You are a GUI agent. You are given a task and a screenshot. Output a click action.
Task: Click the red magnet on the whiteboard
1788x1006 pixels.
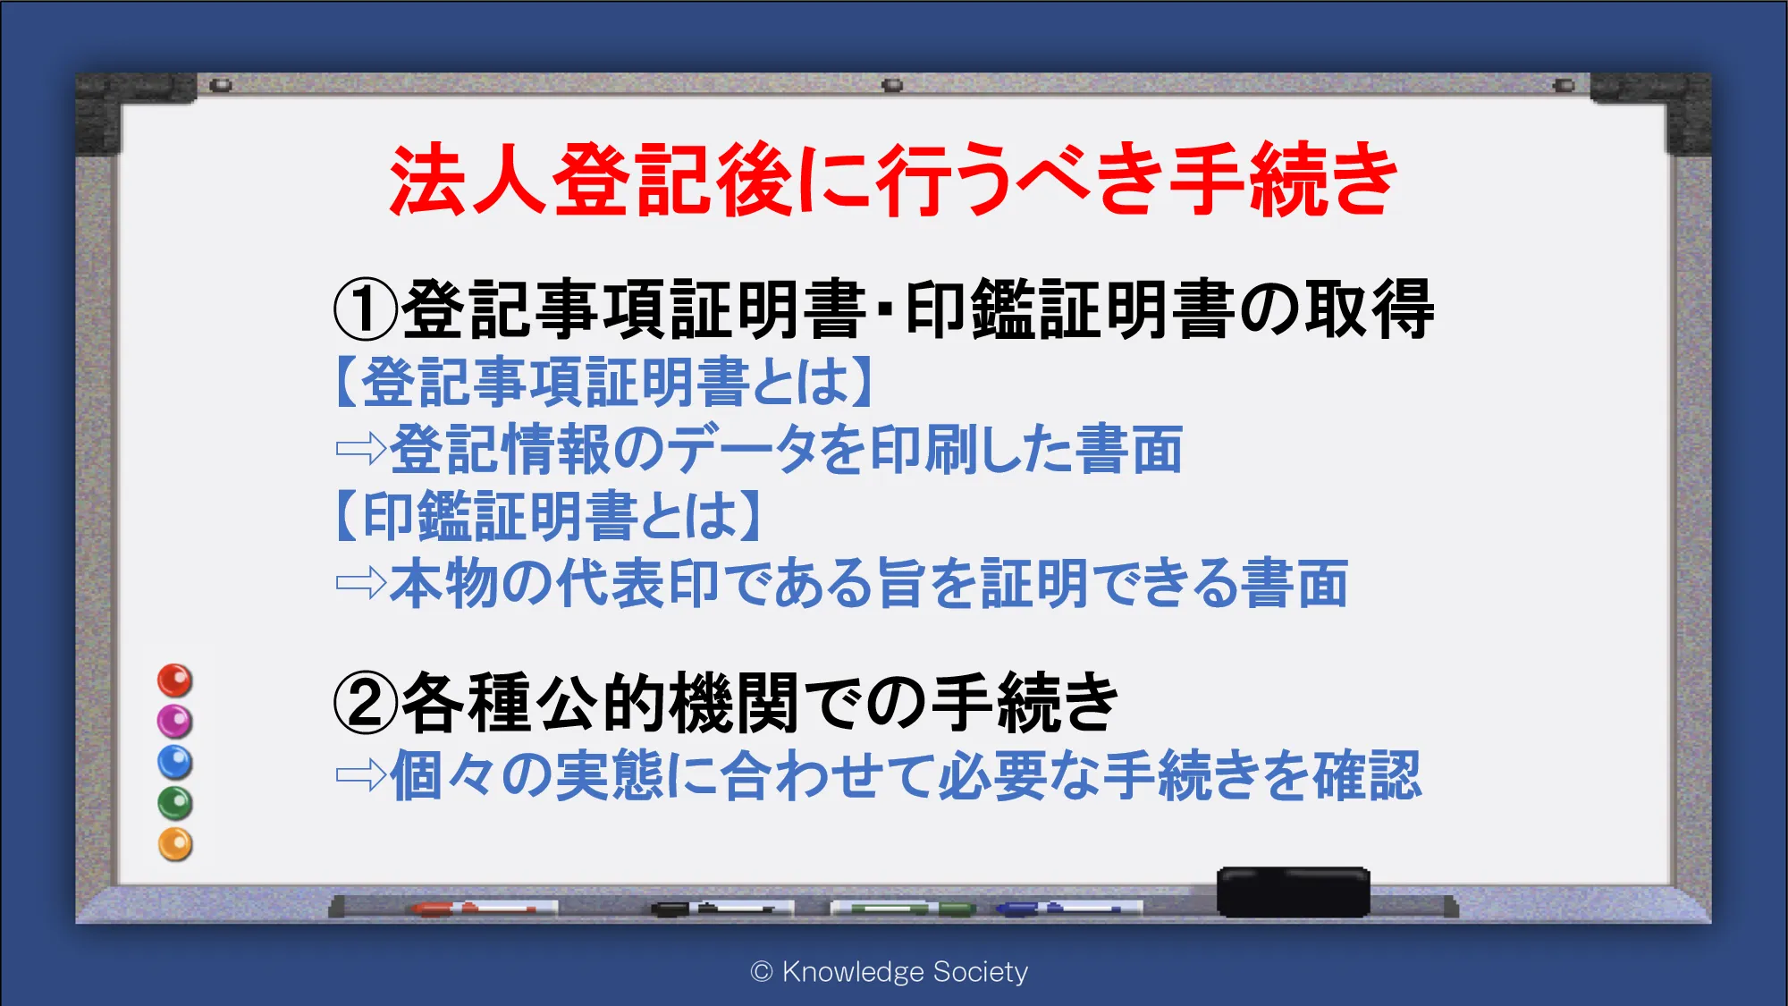click(175, 681)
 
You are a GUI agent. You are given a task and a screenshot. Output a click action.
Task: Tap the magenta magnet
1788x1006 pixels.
click(175, 722)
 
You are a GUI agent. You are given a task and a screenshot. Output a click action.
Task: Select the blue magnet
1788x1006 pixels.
click(175, 763)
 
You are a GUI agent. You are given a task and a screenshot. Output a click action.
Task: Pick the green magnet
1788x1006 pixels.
click(175, 804)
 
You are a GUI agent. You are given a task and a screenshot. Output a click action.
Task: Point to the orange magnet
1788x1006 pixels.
click(175, 845)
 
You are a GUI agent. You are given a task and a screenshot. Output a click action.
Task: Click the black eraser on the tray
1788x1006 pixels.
click(1294, 892)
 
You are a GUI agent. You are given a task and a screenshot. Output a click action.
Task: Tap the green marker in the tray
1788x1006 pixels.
click(903, 909)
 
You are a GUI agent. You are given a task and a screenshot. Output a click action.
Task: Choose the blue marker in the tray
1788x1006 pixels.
click(1068, 909)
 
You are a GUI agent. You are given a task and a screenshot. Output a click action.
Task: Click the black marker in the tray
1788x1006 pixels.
click(722, 909)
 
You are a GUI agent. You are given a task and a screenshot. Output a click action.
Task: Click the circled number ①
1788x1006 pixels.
click(366, 309)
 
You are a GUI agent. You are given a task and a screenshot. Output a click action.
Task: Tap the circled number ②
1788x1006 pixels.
click(366, 703)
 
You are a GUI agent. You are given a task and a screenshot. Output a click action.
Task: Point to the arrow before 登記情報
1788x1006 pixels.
click(361, 449)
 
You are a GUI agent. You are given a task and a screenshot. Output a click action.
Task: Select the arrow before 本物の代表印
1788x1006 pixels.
click(361, 584)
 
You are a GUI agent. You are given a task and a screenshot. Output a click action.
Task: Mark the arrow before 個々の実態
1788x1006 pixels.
click(361, 775)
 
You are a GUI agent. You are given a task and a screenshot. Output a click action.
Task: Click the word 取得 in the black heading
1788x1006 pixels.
click(1369, 309)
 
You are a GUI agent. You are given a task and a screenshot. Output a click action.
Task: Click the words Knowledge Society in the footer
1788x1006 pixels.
click(905, 972)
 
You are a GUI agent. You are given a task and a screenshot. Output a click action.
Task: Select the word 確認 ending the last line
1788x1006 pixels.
click(1367, 775)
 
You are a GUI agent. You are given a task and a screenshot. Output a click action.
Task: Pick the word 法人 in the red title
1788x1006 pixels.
click(468, 180)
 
